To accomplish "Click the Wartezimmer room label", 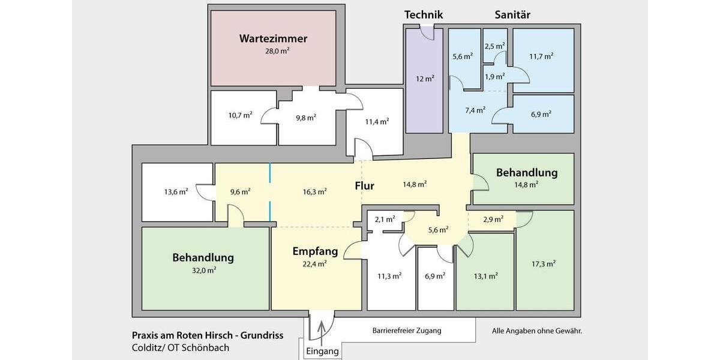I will [273, 39].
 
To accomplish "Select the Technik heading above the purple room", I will [424, 15].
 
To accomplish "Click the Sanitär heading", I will [512, 15].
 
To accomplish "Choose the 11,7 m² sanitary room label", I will [541, 56].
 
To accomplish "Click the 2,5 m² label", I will [494, 46].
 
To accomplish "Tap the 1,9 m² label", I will [494, 76].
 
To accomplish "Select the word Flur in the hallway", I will [364, 186].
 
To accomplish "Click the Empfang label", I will [315, 251].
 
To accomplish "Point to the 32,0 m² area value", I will [203, 270].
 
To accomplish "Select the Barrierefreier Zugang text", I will [407, 331].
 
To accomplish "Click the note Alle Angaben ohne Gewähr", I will [537, 331].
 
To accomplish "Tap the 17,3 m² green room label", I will [543, 263].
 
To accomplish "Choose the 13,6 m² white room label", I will [176, 192].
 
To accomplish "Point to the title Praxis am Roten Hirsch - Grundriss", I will [208, 335].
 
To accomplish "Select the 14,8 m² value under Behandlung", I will [526, 185].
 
